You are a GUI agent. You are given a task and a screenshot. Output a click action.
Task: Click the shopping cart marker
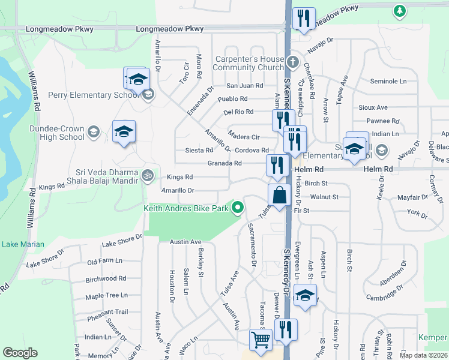(261, 339)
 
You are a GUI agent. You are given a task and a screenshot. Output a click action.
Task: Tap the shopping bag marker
(280, 195)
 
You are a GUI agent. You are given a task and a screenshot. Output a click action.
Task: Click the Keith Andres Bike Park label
(186, 208)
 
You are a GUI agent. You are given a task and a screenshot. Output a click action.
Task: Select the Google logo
(20, 352)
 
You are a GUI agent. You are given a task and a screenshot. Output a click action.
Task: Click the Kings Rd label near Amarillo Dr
(179, 177)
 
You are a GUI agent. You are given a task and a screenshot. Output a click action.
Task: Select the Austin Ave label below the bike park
(185, 242)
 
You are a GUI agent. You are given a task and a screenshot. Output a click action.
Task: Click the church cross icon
(292, 62)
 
